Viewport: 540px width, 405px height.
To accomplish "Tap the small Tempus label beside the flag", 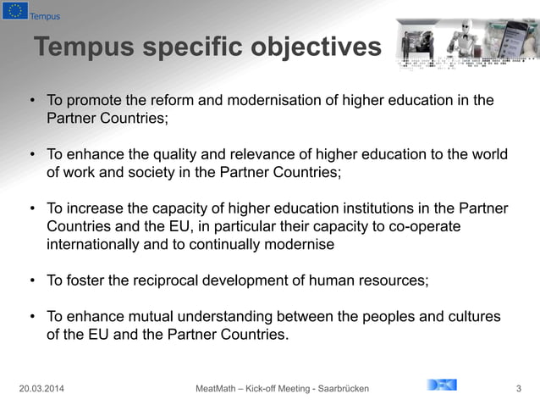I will coord(44,16).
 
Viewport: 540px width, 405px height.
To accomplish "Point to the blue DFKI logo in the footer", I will coord(441,386).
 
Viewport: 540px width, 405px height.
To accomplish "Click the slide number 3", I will coord(518,388).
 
